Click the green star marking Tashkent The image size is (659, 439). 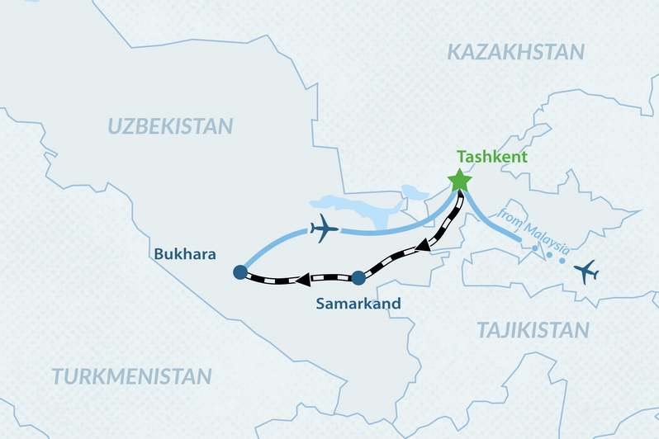[459, 180]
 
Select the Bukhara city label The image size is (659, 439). [185, 254]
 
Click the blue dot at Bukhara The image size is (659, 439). [239, 271]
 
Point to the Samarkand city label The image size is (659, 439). [358, 304]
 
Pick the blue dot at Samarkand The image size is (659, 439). [358, 277]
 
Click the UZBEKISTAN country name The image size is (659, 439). [170, 126]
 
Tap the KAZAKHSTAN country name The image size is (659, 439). [515, 53]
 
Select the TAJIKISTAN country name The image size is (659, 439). [533, 330]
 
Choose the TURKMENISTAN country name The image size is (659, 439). [131, 376]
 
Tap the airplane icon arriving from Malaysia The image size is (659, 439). [587, 271]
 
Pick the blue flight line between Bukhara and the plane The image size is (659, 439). [266, 243]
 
